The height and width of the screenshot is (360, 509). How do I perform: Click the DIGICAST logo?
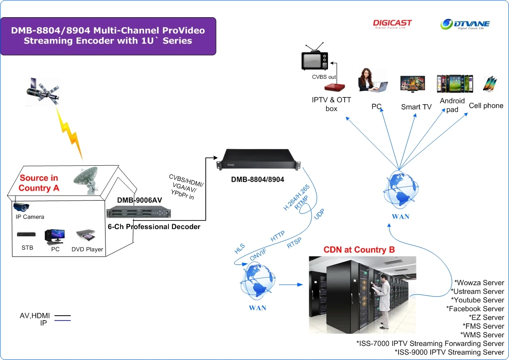click(392, 24)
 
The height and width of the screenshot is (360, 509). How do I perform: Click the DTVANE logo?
click(466, 24)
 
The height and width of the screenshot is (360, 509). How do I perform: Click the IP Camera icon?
click(21, 206)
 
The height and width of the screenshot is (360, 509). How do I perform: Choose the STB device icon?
click(26, 234)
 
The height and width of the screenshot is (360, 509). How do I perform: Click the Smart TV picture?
click(412, 84)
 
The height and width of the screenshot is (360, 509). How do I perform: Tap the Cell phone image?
click(490, 83)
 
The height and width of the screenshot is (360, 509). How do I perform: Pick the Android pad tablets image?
click(454, 84)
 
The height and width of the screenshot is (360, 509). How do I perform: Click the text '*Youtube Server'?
click(477, 300)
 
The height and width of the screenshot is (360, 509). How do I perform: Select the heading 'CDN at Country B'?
click(359, 250)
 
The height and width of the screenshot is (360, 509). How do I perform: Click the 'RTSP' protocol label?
click(294, 243)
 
